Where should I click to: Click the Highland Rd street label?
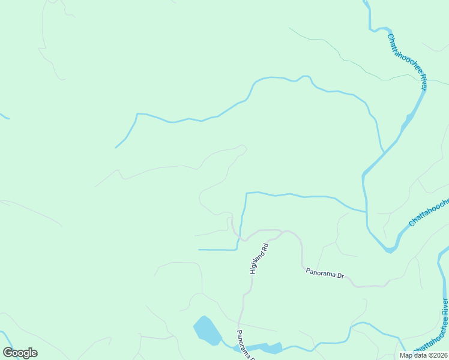click(258, 259)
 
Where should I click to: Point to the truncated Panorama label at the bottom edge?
click(245, 344)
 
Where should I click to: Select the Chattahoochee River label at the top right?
click(407, 61)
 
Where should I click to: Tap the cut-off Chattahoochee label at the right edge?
click(429, 214)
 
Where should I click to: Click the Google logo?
click(20, 353)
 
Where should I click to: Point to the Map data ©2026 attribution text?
click(424, 355)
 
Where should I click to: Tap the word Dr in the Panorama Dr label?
click(340, 276)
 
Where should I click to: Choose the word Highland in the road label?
click(256, 263)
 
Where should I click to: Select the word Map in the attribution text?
click(406, 355)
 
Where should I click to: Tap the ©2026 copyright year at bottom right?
click(436, 355)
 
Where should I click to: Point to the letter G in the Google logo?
click(8, 353)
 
